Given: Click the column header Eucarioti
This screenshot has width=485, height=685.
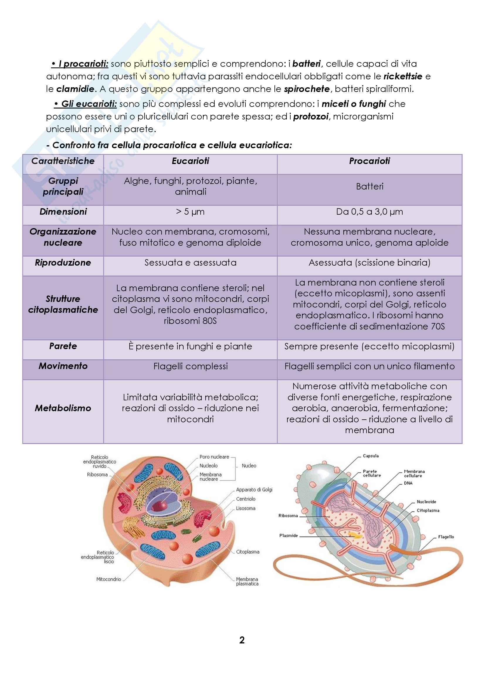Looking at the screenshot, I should (190, 161).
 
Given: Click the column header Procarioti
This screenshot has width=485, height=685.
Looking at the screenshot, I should (369, 161).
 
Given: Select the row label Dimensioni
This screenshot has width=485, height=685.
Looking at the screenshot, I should (63, 212).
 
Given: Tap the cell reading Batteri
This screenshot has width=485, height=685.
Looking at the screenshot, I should (369, 187).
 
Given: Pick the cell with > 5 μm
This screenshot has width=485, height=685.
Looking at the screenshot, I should (190, 212).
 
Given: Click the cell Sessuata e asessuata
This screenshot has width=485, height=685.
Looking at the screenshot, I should (190, 262).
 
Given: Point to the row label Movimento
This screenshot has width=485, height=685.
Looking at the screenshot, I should (63, 366).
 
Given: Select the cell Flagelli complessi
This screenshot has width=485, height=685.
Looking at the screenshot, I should (190, 366).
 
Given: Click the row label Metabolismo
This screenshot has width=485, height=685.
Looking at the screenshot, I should (63, 408).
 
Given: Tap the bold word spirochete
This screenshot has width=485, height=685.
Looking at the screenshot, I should (307, 89).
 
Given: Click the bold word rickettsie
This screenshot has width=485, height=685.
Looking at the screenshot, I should (403, 76).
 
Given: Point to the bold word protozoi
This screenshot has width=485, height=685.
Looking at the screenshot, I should (311, 116).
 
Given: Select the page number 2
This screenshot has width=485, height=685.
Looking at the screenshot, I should (242, 640).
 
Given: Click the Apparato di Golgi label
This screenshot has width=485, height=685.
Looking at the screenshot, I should (254, 490).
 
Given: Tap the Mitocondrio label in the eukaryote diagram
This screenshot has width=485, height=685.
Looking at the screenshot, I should (109, 579).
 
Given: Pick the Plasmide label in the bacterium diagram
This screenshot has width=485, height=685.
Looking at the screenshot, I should (289, 536).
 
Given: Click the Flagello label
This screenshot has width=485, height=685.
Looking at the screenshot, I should (446, 537).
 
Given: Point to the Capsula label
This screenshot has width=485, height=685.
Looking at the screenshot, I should (371, 456).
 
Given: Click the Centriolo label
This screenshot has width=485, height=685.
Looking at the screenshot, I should (245, 499).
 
